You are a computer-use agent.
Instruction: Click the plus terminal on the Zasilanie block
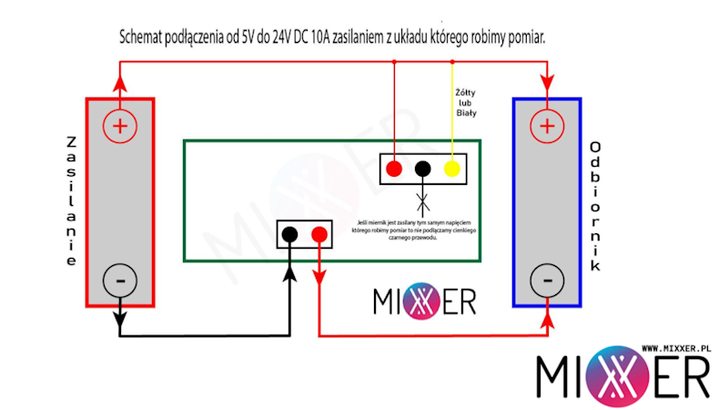[119, 125]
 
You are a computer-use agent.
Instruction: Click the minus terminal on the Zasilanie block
[119, 279]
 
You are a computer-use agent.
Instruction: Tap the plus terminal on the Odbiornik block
[547, 125]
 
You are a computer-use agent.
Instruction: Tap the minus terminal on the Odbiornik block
[547, 279]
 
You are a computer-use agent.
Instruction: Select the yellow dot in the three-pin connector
[450, 169]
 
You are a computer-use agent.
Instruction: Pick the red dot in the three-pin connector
[394, 169]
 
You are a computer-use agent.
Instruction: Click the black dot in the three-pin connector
[422, 169]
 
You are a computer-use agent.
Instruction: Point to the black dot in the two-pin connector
[289, 235]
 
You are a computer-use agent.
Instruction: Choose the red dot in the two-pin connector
[318, 235]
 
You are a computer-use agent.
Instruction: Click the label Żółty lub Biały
[466, 102]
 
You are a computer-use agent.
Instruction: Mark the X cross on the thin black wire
[422, 198]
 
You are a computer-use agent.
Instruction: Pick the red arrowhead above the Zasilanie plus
[119, 87]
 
